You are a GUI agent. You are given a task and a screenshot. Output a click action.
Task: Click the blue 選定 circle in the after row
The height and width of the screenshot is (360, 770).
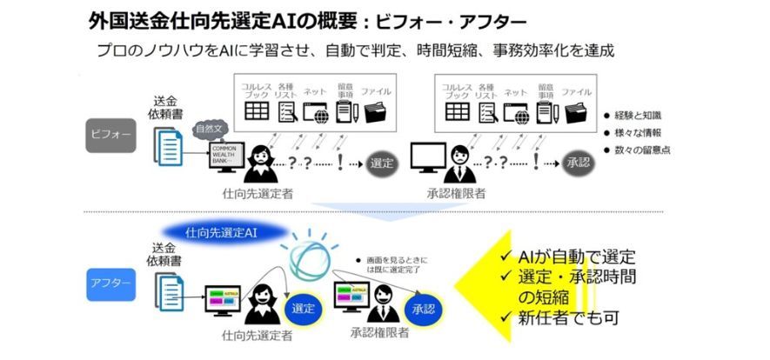pos(303,308)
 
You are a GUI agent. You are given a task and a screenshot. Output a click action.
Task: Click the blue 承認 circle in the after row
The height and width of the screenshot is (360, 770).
pos(423,308)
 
